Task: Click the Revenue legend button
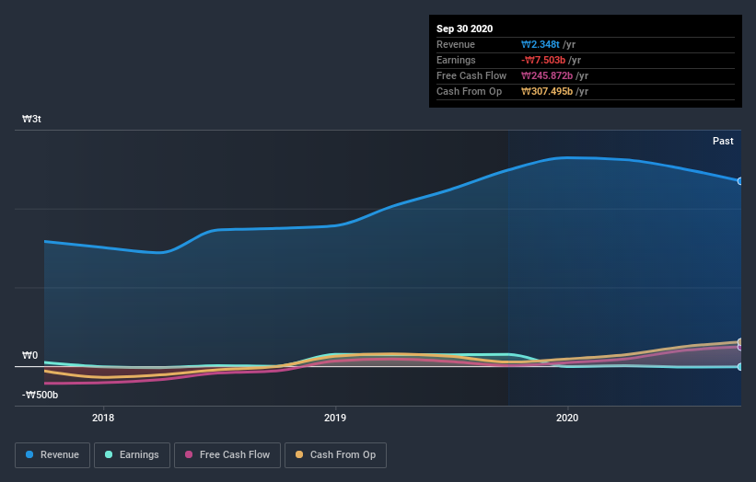(x=52, y=454)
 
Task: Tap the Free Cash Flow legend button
(x=227, y=454)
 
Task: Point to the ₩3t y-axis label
(x=32, y=120)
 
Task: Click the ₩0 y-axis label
(x=30, y=355)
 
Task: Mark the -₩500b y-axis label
(x=41, y=395)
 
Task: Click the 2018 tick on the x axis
(x=103, y=418)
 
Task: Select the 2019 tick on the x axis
(x=335, y=418)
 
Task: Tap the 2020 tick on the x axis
(x=567, y=418)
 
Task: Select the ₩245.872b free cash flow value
(x=549, y=75)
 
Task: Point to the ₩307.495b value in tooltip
(x=549, y=91)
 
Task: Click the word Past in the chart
(x=723, y=141)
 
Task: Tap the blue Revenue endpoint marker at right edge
(x=739, y=181)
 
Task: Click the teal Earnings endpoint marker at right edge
(x=739, y=367)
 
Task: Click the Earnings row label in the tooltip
(x=456, y=60)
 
